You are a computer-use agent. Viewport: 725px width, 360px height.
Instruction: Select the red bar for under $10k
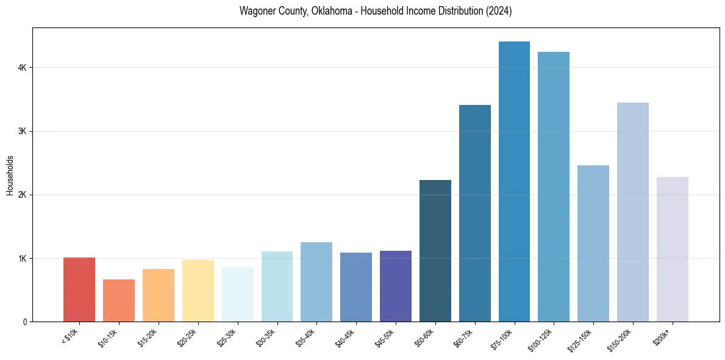point(79,289)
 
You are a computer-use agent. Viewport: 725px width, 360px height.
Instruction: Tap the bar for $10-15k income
point(119,300)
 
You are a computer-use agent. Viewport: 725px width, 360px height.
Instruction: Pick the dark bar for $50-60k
point(435,251)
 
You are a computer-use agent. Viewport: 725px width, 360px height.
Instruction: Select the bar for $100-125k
point(554,187)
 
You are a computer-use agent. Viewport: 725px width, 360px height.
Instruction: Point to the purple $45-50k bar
point(396,286)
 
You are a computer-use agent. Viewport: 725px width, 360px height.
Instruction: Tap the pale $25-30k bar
point(237,294)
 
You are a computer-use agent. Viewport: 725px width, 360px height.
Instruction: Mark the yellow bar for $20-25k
point(198,290)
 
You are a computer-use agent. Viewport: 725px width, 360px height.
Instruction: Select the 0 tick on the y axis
point(24,322)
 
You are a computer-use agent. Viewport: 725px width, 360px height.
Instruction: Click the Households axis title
point(10,175)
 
